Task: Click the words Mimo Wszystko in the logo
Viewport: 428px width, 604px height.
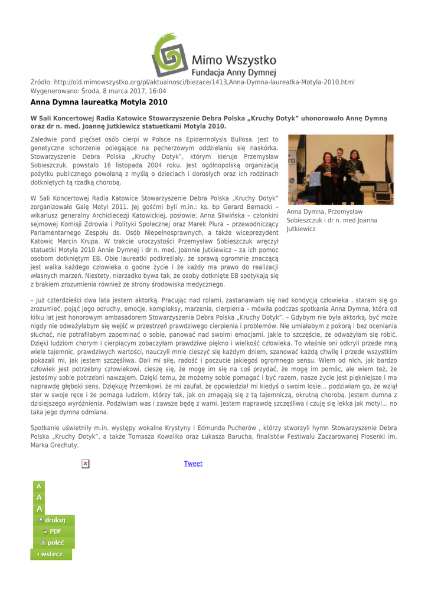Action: (234, 60)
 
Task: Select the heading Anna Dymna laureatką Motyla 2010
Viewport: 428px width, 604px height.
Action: (99, 103)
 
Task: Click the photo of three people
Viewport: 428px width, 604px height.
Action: (336, 169)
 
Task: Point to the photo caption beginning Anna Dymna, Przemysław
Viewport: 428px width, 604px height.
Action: (324, 219)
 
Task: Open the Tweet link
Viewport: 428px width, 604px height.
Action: (193, 464)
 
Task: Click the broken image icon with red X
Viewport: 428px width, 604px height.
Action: (85, 464)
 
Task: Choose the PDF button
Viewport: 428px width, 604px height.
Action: (53, 531)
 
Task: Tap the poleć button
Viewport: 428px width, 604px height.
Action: (53, 543)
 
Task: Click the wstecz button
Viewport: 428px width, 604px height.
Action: (51, 554)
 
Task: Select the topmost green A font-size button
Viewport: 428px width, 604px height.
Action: (39, 487)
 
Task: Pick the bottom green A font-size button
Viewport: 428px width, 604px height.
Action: (39, 509)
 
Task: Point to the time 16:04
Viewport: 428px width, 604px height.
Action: (158, 91)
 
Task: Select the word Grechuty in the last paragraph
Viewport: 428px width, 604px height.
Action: (64, 445)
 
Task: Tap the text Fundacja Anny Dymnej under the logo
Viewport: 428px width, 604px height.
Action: (235, 73)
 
